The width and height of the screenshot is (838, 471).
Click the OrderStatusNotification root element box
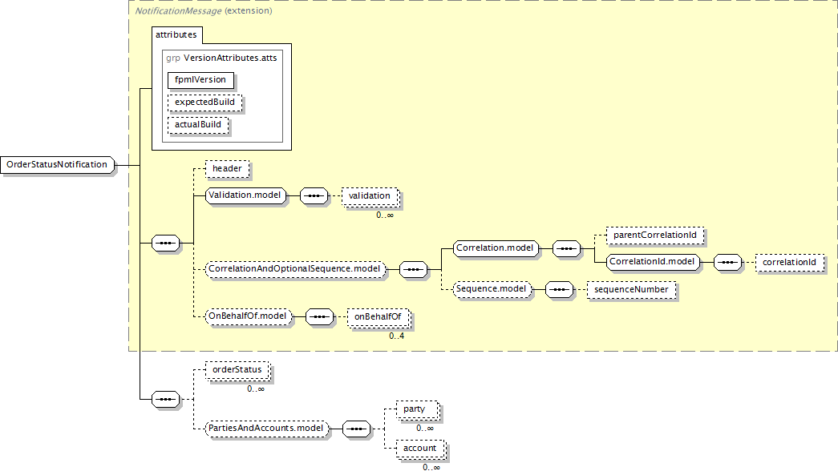point(57,164)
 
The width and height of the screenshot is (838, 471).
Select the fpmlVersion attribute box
point(200,80)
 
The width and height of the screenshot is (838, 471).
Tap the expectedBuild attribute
point(204,103)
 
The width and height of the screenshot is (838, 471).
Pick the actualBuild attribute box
point(198,125)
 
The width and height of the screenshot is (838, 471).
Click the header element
point(227,169)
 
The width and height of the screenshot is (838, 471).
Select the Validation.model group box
point(245,195)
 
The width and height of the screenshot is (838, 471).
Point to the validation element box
point(370,196)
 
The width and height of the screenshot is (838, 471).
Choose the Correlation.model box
point(495,248)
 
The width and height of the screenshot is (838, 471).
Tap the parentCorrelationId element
point(654,235)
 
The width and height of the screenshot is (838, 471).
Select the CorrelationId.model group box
point(653,262)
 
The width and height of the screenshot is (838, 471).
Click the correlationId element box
point(789,263)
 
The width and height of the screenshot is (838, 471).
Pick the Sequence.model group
point(491,289)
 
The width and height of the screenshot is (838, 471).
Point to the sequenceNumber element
point(631,290)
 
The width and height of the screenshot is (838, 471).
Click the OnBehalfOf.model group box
point(248,316)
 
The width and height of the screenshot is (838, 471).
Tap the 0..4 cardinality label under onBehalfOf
point(397,336)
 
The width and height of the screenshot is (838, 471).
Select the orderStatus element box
point(237,370)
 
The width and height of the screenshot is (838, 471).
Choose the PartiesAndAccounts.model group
point(266,429)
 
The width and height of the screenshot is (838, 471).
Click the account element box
point(420,449)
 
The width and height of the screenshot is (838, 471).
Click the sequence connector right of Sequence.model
point(559,290)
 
